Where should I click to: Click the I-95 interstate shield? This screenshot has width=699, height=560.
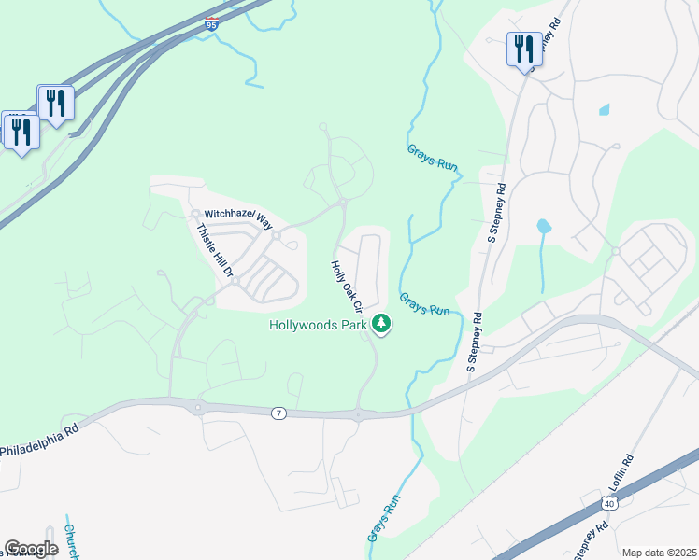[209, 26]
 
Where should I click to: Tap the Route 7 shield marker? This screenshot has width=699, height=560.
[278, 413]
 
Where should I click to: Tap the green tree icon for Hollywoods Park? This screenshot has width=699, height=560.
[381, 324]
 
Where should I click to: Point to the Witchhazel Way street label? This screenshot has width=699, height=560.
[237, 218]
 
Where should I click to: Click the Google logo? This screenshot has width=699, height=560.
[32, 549]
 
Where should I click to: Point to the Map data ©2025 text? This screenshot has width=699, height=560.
[658, 553]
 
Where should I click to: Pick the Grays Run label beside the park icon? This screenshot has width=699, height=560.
[425, 303]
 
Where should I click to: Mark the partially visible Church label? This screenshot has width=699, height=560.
[70, 540]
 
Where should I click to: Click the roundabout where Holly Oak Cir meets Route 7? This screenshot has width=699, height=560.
[358, 414]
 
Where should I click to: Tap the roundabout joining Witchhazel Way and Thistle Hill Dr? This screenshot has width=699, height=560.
[197, 214]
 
